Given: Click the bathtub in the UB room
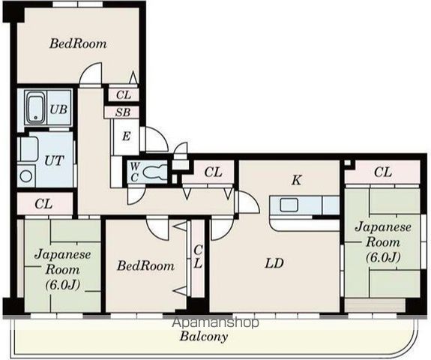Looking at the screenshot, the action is (36, 107).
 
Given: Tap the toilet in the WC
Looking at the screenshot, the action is (155, 172).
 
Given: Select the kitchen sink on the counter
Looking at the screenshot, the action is (289, 205).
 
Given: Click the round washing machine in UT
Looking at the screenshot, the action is (26, 176).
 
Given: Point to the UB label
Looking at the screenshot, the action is (58, 109).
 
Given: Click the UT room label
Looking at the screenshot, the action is (54, 160).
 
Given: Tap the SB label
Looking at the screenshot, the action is (123, 112).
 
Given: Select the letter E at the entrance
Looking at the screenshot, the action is (126, 136).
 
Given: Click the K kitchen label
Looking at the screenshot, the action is (297, 181).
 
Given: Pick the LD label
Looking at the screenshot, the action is (274, 263).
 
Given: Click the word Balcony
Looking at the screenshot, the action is (204, 337).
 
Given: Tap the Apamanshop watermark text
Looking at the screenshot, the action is (215, 322).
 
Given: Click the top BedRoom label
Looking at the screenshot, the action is (78, 43).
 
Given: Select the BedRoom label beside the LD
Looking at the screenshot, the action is (145, 266).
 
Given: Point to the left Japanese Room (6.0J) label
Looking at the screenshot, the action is (63, 269).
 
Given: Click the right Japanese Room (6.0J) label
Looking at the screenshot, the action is (383, 242).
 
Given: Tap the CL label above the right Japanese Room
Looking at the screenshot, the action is (383, 172).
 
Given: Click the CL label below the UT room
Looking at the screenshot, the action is (43, 204).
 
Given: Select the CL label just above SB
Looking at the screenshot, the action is (124, 95).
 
